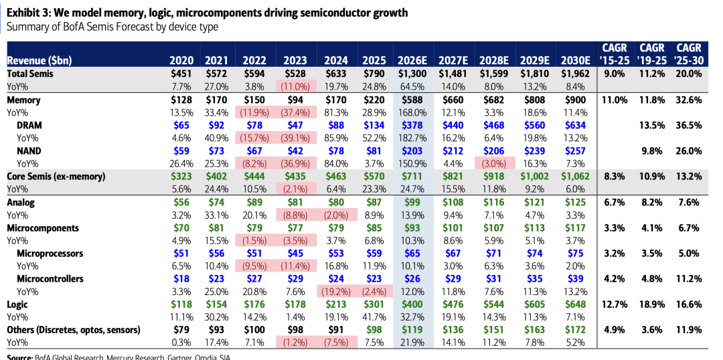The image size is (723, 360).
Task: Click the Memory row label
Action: point(23,100)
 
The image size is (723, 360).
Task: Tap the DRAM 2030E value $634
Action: point(576,125)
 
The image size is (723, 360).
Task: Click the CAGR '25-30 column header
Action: point(688,54)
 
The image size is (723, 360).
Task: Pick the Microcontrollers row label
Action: point(50,278)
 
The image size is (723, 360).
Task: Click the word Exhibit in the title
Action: point(23,13)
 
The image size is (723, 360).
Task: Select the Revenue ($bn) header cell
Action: point(39,61)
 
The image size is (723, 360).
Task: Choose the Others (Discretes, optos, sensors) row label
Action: point(74,330)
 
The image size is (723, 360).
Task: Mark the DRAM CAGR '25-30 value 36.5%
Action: point(688,125)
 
